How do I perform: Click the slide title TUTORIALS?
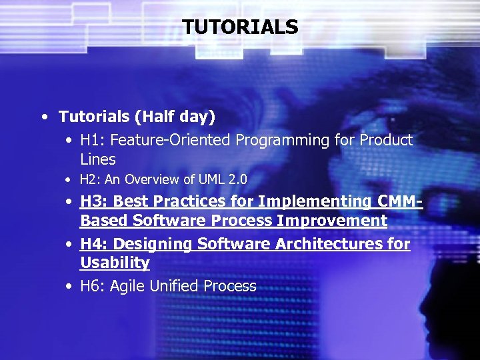point(240,27)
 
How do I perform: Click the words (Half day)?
point(175,117)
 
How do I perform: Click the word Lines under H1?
point(98,160)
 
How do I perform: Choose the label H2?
point(90,179)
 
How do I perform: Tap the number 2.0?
point(237,179)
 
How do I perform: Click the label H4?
point(94,245)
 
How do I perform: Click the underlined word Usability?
point(115,263)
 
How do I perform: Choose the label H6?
point(93,287)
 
